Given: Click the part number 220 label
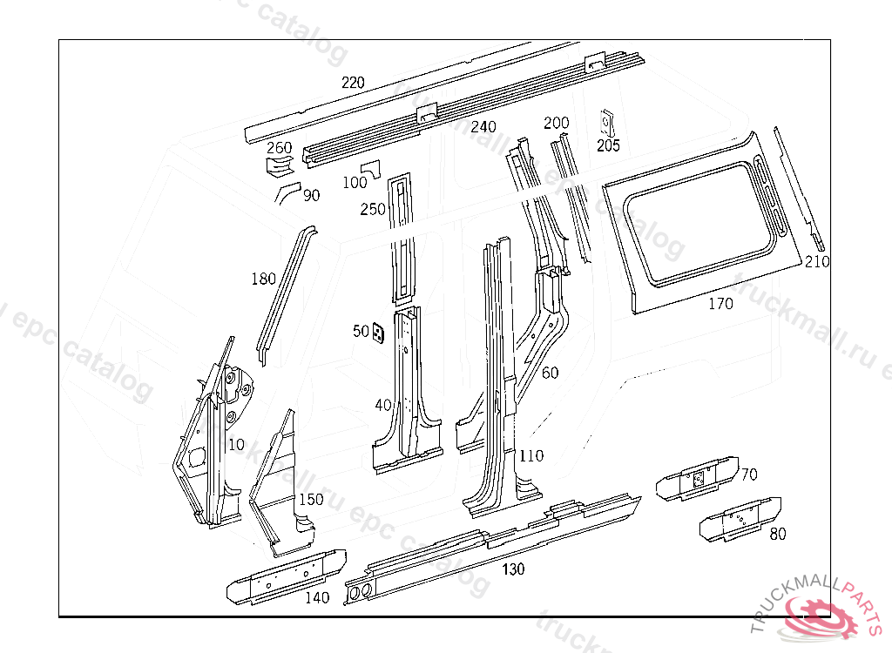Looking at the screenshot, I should [353, 84].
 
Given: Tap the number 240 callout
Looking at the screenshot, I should [483, 127].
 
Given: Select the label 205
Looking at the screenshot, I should [608, 146].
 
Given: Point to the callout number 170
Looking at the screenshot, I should [720, 304].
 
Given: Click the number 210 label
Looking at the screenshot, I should [817, 262].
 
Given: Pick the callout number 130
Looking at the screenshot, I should [513, 569].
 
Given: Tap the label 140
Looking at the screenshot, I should [317, 597].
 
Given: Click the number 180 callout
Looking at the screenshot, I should [263, 279].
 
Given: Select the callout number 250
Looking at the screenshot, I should [372, 209].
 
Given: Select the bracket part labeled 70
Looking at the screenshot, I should [697, 478].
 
